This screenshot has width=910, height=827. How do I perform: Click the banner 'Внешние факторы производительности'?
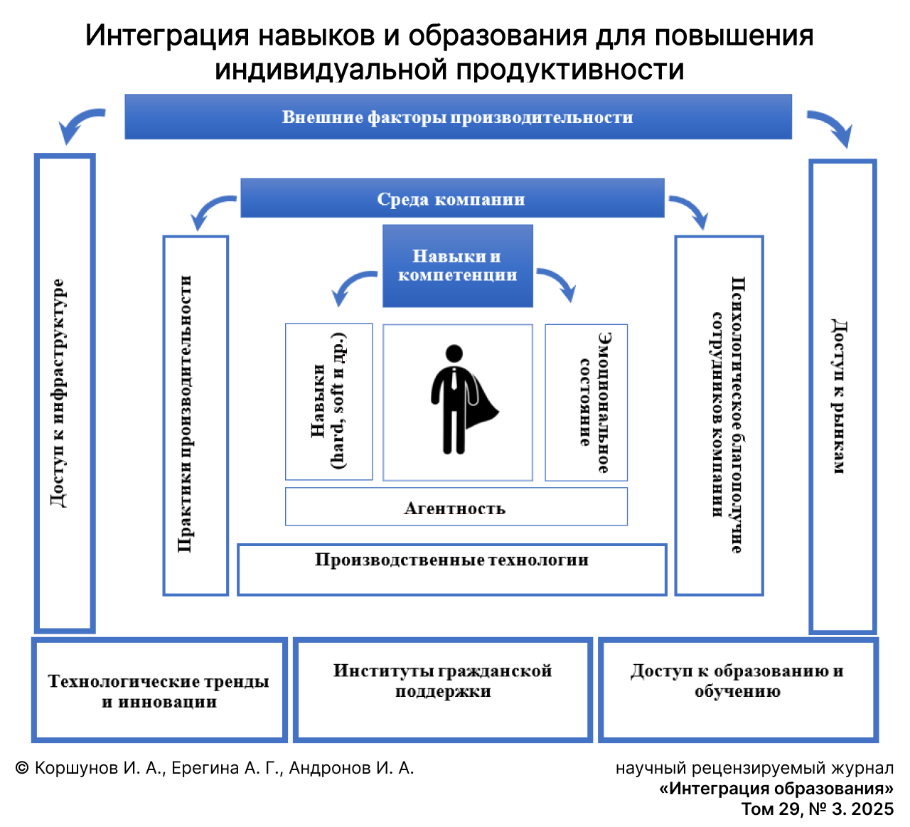tap(458, 117)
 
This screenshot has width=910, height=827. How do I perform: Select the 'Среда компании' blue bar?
tap(451, 198)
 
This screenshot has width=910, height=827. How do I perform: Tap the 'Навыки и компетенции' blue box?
tap(458, 266)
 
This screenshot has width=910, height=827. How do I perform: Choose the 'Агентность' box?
tap(456, 508)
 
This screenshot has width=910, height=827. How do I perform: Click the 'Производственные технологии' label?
tap(452, 560)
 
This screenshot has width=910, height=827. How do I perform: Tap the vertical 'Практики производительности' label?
tap(186, 414)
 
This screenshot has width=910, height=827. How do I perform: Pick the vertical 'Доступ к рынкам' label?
tap(839, 396)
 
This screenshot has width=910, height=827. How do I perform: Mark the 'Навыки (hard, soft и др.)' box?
tap(328, 402)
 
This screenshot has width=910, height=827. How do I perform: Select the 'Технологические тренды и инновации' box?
tap(159, 690)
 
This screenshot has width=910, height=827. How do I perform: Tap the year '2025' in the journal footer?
tap(872, 809)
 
